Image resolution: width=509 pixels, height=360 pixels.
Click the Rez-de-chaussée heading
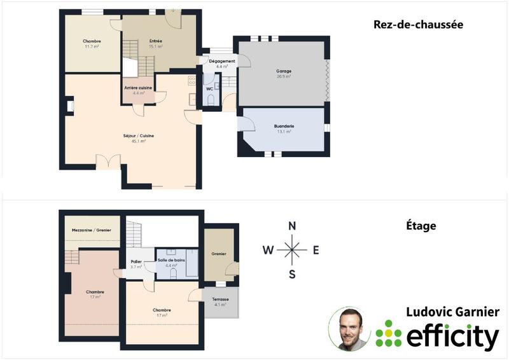pyautogui.click(x=417, y=25)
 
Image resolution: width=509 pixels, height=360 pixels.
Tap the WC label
pyautogui.click(x=209, y=88)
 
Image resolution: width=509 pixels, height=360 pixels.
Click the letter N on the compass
pyautogui.click(x=292, y=226)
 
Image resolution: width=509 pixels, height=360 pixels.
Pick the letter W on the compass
pyautogui.click(x=268, y=250)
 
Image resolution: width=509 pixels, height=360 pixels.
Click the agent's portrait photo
pyautogui.click(x=349, y=328)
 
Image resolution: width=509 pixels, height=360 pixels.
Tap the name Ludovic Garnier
pyautogui.click(x=453, y=312)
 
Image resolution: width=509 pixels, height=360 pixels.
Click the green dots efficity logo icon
pyautogui.click(x=389, y=333)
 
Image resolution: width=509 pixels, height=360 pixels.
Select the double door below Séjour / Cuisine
pyautogui.click(x=108, y=161)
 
